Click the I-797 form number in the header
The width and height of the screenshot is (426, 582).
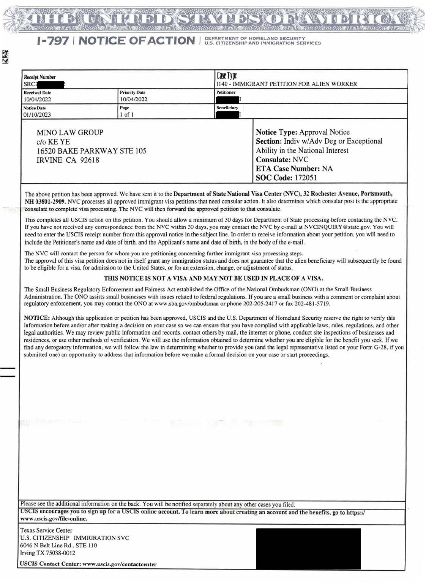point(52,41)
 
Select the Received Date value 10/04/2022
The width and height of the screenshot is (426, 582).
point(37,100)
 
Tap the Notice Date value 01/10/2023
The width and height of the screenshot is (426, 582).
point(37,115)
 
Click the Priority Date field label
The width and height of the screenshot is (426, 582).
point(133,93)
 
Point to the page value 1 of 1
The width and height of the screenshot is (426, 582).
point(126,115)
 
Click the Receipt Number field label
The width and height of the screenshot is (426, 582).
point(39,77)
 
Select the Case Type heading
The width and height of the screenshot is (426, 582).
point(227,76)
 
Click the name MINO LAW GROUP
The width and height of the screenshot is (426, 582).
point(70,133)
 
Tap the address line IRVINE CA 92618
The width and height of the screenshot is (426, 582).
point(68,160)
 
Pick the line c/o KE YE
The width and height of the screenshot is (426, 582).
point(53,142)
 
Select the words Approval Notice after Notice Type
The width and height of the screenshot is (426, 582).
point(324,132)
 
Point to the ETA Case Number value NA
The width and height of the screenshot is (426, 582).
point(327,168)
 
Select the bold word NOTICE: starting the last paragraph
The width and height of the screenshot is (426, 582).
point(36,318)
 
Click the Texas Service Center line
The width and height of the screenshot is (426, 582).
point(46,530)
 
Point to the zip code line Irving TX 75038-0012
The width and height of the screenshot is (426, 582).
point(47,553)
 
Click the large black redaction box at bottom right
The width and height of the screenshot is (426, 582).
point(308,548)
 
